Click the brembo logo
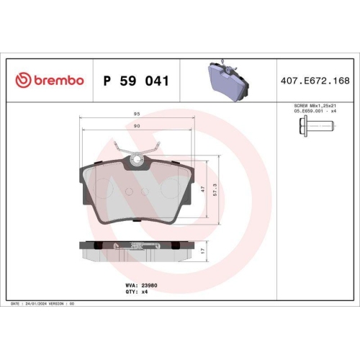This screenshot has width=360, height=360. click(x=50, y=81)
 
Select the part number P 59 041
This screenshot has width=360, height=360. click(x=136, y=81)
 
